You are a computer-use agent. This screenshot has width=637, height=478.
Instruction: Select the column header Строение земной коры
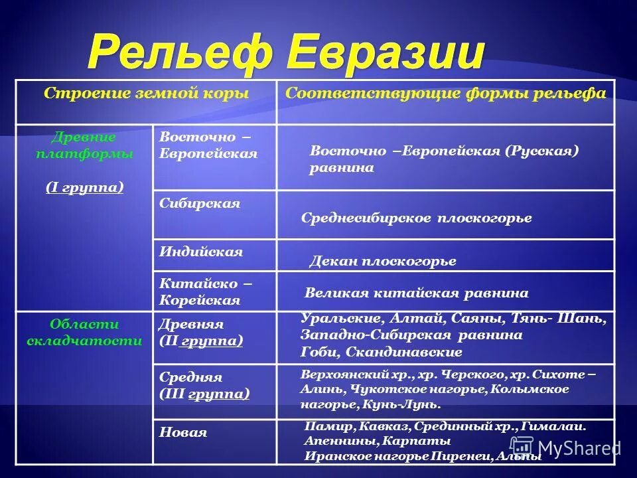tap(146, 94)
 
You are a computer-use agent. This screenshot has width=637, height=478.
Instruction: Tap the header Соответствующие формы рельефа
tap(445, 94)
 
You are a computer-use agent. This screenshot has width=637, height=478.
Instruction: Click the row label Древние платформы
tap(84, 145)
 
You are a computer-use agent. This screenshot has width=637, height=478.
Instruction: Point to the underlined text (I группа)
tap(84, 187)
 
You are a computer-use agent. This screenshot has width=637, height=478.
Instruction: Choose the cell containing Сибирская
tap(200, 204)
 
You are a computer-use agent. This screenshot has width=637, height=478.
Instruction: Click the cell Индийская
tap(201, 252)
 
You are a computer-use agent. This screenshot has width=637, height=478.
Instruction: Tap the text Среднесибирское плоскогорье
tap(416, 218)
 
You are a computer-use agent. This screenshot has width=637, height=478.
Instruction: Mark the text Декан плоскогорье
tap(383, 261)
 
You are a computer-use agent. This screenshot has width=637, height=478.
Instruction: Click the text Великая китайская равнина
tap(416, 293)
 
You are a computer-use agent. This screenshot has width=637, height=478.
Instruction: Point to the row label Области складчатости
tap(84, 333)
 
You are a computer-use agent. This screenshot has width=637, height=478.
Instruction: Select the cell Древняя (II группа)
tap(201, 333)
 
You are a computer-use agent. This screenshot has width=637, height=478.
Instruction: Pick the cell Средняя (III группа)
tap(204, 386)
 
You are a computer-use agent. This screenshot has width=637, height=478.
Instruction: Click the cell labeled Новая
tap(183, 432)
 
